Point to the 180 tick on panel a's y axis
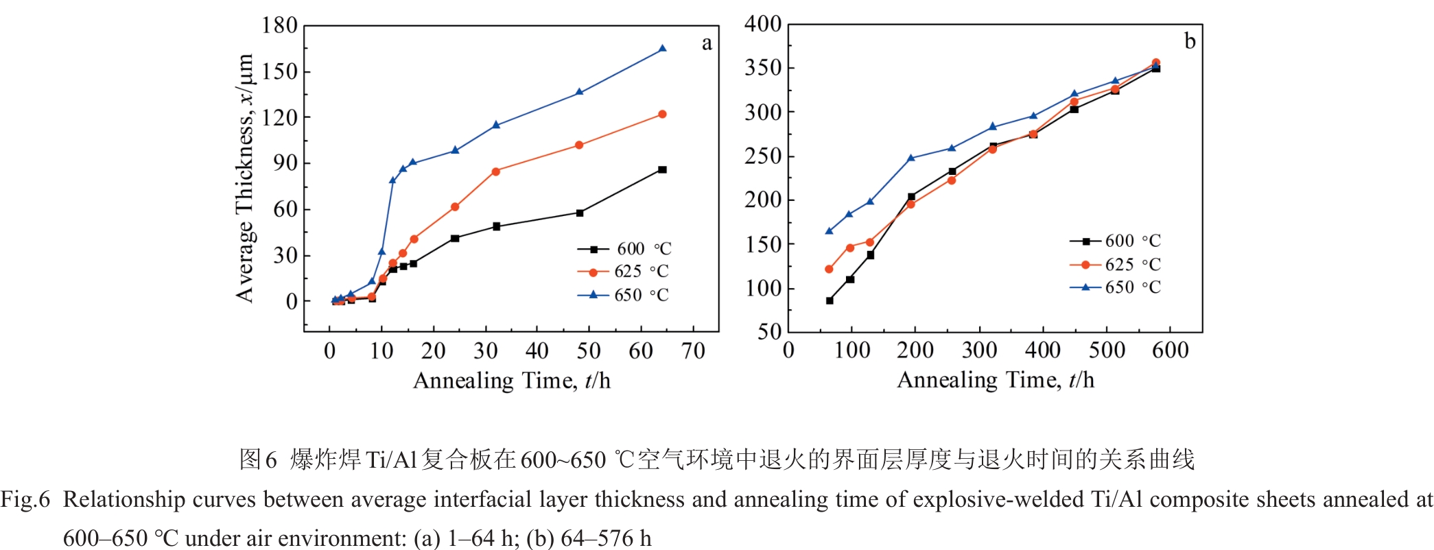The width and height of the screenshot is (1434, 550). pos(279,26)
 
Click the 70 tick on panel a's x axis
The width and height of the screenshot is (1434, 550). pos(693,352)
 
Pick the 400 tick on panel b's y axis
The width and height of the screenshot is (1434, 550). pos(763,25)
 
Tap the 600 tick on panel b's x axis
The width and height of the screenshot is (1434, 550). pos(1170,351)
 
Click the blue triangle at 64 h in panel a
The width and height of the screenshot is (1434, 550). pos(662,49)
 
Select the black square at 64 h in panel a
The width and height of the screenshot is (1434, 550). pos(662,169)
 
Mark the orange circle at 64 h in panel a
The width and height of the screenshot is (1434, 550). pos(662,115)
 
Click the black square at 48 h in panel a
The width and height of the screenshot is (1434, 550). pos(580,213)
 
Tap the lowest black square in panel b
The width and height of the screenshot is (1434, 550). pos(830,300)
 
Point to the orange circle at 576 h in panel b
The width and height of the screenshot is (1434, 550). pos(1155,62)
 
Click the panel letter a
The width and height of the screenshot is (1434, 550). pos(706,44)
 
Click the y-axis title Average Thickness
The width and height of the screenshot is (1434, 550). pos(245,178)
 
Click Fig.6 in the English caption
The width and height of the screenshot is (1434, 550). pos(25,499)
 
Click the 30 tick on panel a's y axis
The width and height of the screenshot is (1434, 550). pos(285,256)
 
